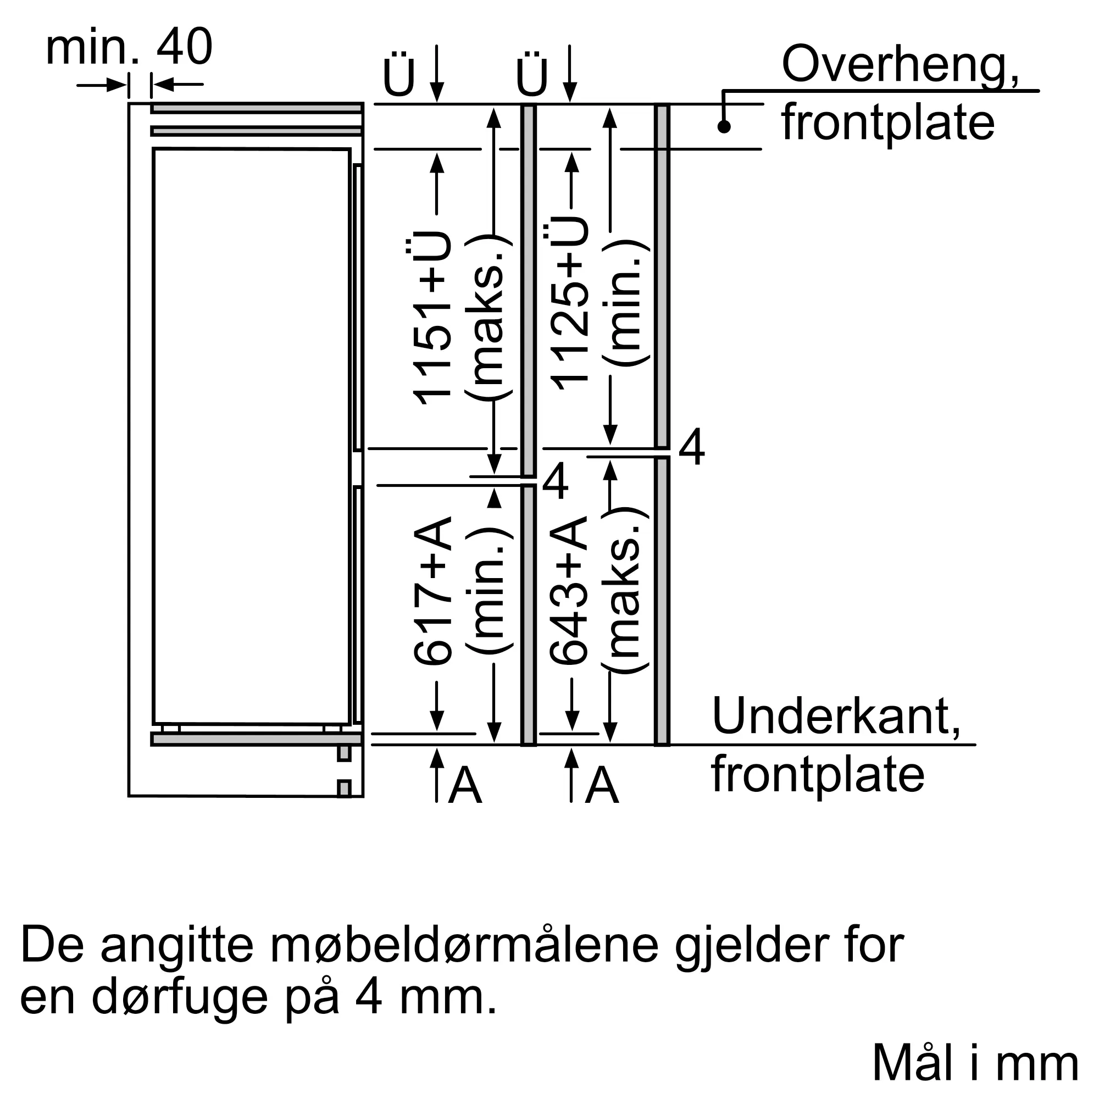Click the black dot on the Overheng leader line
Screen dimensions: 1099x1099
(x=724, y=126)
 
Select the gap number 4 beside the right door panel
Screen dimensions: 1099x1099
(x=692, y=448)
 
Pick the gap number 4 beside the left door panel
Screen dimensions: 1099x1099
(x=555, y=481)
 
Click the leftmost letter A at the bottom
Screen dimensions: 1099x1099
(x=465, y=786)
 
